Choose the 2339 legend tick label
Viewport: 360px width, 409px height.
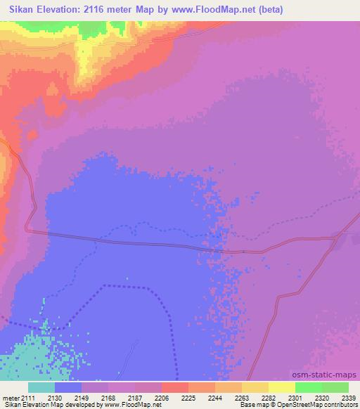(349, 397)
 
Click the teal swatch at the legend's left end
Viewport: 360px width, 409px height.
(41, 387)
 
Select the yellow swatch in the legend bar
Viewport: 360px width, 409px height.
(281, 387)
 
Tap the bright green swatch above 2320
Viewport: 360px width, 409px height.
(308, 387)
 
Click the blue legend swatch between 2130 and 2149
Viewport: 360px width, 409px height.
(68, 387)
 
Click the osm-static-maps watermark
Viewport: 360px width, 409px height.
(329, 375)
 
